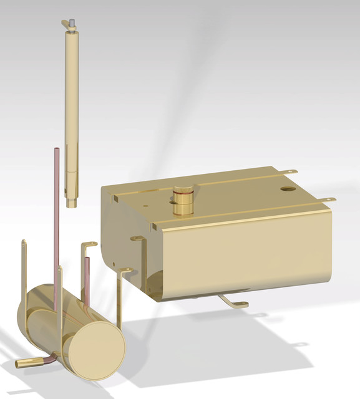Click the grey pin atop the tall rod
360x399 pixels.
[x=73, y=24]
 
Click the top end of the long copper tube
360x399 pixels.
[x=56, y=150]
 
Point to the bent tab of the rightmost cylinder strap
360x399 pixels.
[x=127, y=271]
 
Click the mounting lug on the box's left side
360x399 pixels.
[x=136, y=238]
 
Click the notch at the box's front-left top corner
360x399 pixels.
[x=115, y=199]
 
